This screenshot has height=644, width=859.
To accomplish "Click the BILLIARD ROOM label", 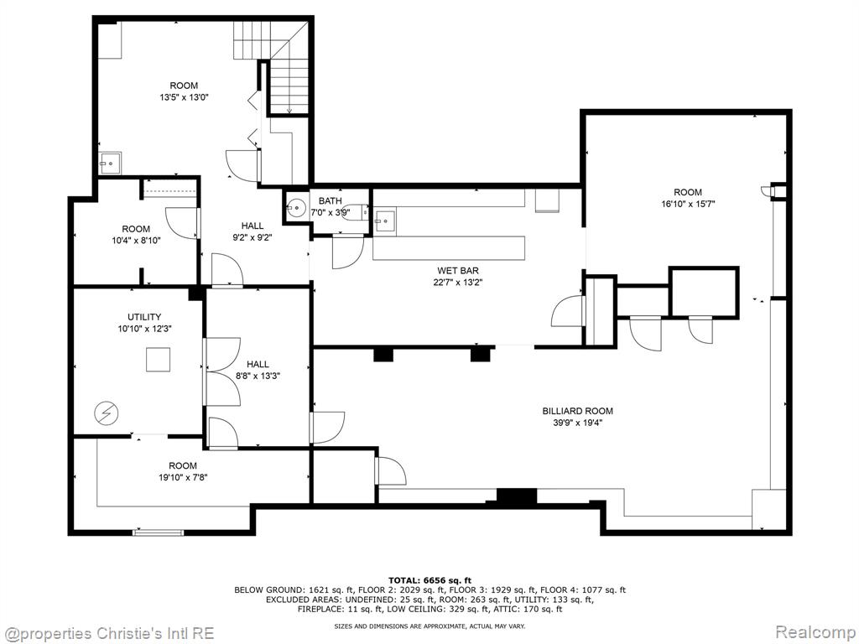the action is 577,411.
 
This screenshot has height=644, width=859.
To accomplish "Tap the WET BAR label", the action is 457,271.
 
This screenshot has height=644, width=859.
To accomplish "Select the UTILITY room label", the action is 144,316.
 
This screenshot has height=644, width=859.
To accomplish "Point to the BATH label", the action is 330,201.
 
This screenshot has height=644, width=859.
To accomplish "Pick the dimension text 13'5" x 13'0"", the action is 184,97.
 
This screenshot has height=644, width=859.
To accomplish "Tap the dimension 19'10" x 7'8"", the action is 183,477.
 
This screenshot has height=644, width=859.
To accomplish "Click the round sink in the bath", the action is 296,208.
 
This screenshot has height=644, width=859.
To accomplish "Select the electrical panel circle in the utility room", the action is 103,413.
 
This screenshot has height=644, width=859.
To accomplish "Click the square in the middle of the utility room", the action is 159,360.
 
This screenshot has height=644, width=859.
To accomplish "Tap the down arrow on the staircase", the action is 289,110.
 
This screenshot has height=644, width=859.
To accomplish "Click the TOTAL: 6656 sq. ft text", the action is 430,580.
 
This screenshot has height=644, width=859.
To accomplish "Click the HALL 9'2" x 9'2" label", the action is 252,231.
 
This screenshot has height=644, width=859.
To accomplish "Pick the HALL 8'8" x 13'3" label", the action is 258,370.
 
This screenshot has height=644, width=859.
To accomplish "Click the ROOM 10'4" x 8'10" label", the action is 136,235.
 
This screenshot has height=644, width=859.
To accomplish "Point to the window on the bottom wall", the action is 159,532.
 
